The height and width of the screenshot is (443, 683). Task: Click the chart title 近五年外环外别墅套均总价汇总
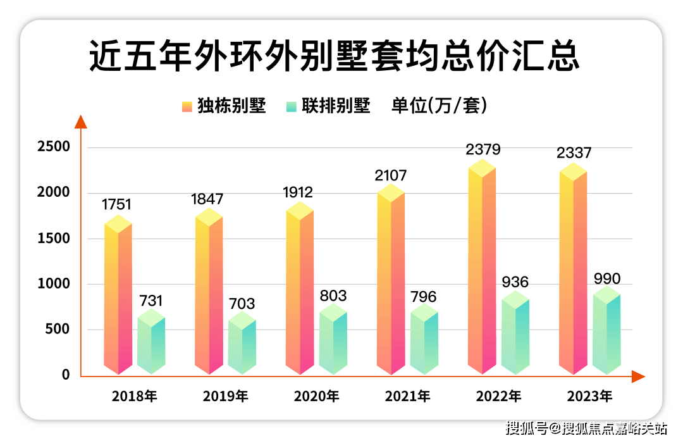(334, 57)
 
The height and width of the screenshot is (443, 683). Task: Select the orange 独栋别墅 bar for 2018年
(118, 297)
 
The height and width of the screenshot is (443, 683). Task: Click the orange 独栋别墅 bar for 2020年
(300, 291)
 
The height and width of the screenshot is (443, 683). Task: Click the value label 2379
(483, 150)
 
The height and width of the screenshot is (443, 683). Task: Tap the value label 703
(242, 304)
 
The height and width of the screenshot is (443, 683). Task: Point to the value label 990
(607, 279)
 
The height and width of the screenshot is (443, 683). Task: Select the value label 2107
(391, 175)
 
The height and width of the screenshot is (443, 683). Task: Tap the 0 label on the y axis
(66, 375)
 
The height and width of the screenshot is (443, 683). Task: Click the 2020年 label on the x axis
(316, 397)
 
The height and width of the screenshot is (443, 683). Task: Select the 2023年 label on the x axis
(589, 397)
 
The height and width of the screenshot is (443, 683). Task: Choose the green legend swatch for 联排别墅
(292, 106)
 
